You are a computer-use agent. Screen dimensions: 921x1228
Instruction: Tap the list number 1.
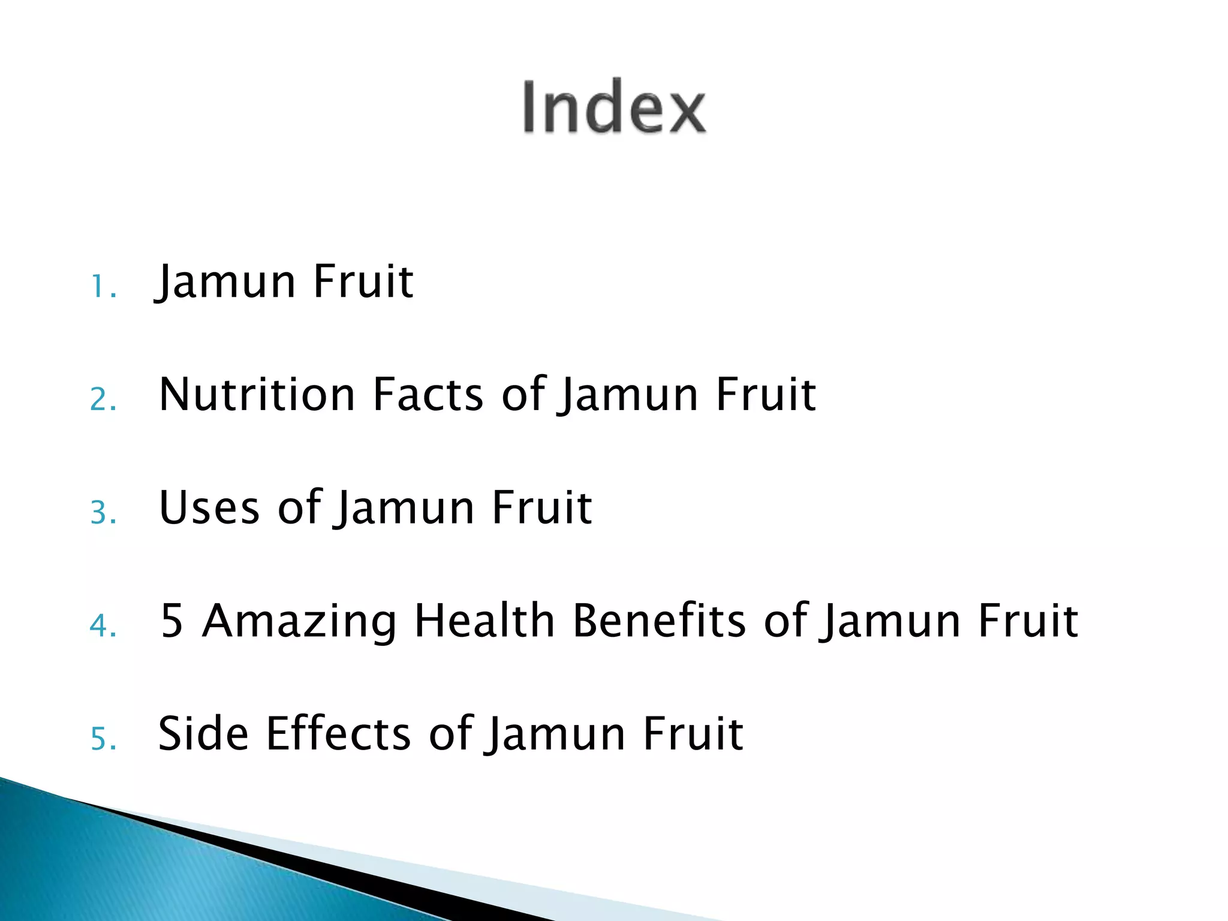102,287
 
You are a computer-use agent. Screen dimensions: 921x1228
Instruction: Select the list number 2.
103,399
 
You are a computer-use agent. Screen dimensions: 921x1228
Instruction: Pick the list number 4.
103,626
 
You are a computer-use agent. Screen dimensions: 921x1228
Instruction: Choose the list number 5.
103,739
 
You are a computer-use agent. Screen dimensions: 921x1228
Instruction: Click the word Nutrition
257,395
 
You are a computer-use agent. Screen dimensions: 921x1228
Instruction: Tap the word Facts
428,395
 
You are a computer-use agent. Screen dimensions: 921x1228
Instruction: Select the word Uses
209,507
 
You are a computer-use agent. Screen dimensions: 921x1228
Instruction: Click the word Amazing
299,620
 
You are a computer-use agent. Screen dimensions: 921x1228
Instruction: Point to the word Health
484,620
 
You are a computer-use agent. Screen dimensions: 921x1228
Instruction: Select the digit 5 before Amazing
171,620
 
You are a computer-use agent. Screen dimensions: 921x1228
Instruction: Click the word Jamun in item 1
225,282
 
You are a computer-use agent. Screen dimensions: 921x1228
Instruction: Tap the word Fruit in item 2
766,395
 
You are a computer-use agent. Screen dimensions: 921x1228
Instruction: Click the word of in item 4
785,620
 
